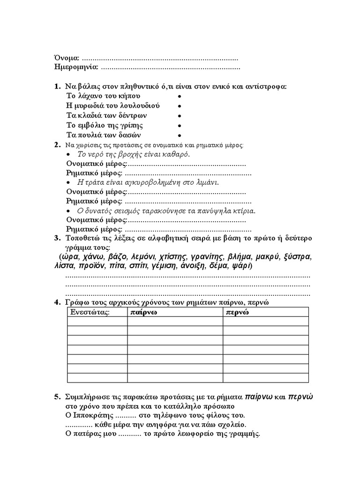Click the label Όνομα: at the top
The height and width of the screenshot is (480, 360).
click(67, 58)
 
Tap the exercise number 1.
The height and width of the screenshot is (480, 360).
click(57, 86)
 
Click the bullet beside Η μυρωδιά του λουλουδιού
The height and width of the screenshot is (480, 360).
click(180, 106)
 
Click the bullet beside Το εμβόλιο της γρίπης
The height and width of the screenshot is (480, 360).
click(180, 126)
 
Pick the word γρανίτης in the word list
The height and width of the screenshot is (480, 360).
click(207, 257)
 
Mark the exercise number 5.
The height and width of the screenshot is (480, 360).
click(57, 397)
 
